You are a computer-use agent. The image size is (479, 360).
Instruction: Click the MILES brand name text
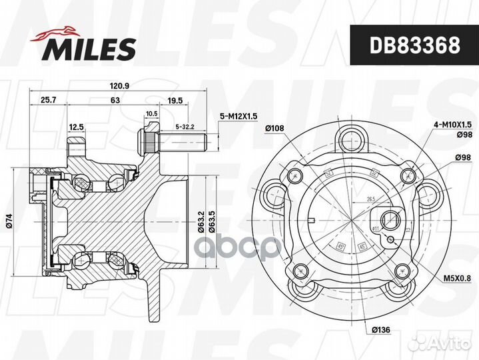pos(90,48)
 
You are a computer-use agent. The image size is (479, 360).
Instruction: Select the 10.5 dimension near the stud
pos(151,113)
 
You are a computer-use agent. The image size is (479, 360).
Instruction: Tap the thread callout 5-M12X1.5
pos(239,117)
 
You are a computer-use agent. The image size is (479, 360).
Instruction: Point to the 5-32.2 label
pos(184,126)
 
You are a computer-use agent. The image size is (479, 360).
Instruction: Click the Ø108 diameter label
pos(275,128)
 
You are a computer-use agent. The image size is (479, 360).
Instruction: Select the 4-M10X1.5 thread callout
pos(454,124)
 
